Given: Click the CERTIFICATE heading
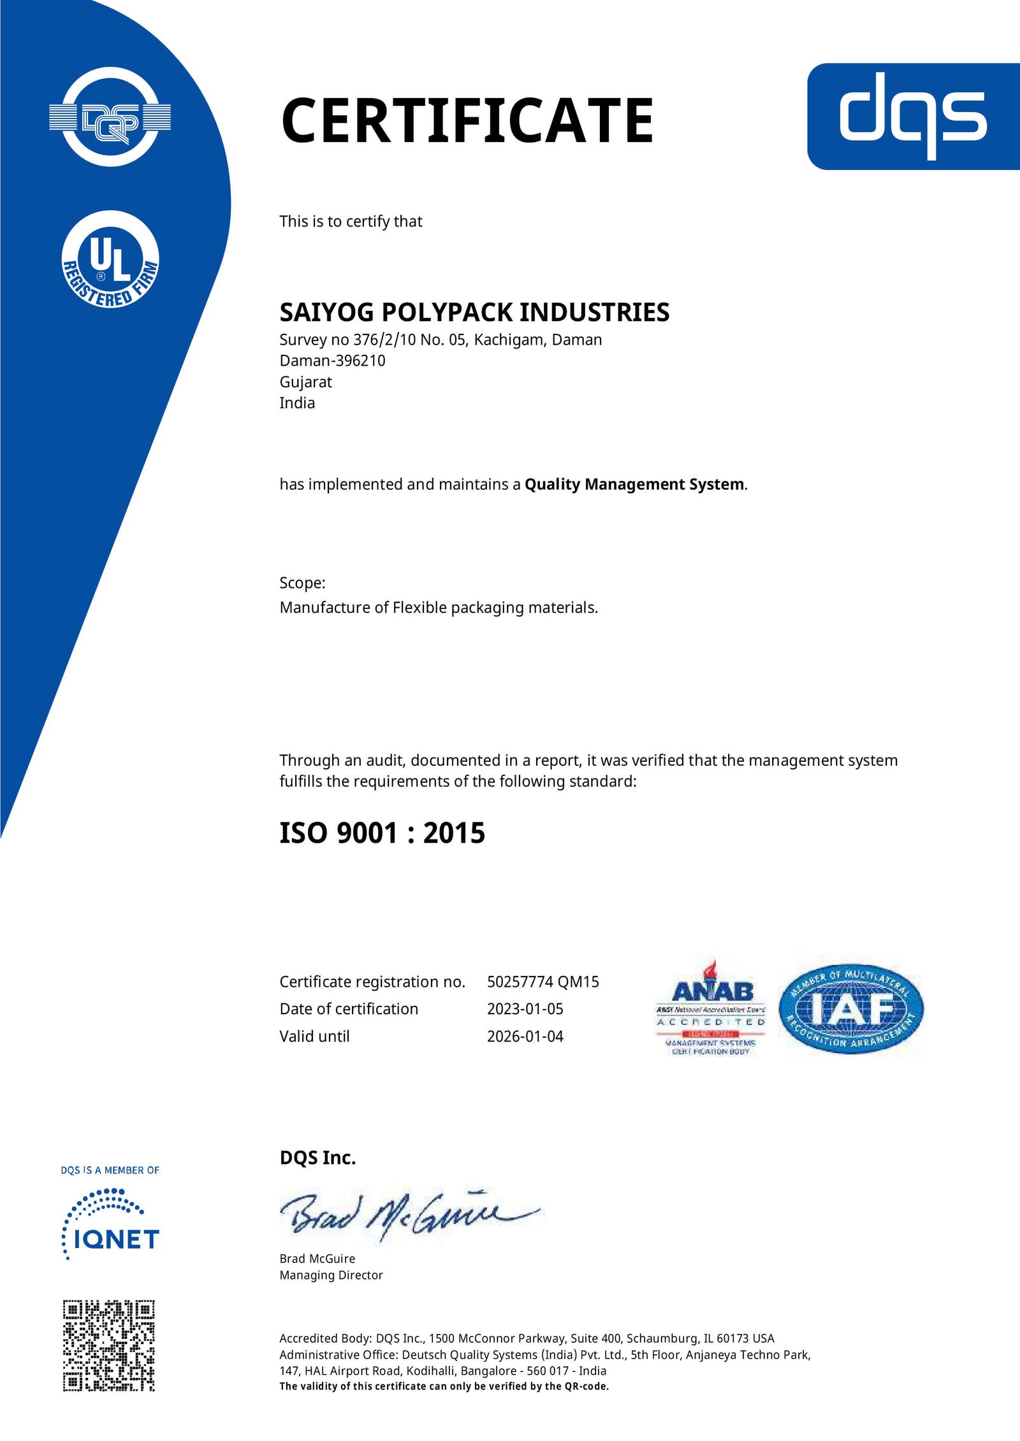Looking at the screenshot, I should point(467,120).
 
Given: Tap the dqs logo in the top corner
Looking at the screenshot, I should point(913,116).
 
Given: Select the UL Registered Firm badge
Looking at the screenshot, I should point(110,259).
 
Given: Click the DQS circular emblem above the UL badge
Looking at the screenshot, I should point(110,117).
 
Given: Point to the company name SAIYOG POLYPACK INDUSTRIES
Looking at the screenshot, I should point(474,312).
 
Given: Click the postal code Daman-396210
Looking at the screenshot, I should point(332,361).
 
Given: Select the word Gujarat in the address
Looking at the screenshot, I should point(305,382).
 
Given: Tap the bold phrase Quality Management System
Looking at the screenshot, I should point(634,484).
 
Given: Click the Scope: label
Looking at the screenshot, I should point(302,583).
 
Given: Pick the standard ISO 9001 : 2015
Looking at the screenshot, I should point(382,833).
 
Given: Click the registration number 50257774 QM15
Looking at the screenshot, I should point(543,982).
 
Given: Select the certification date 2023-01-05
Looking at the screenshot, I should point(525,1009).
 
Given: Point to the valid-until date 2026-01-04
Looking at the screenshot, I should point(525,1036).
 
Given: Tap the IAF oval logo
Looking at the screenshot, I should point(850,1008).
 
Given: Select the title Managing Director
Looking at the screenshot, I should point(331,1275).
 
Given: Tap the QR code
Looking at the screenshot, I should point(108,1345).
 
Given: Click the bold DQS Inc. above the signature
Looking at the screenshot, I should point(317,1158).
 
